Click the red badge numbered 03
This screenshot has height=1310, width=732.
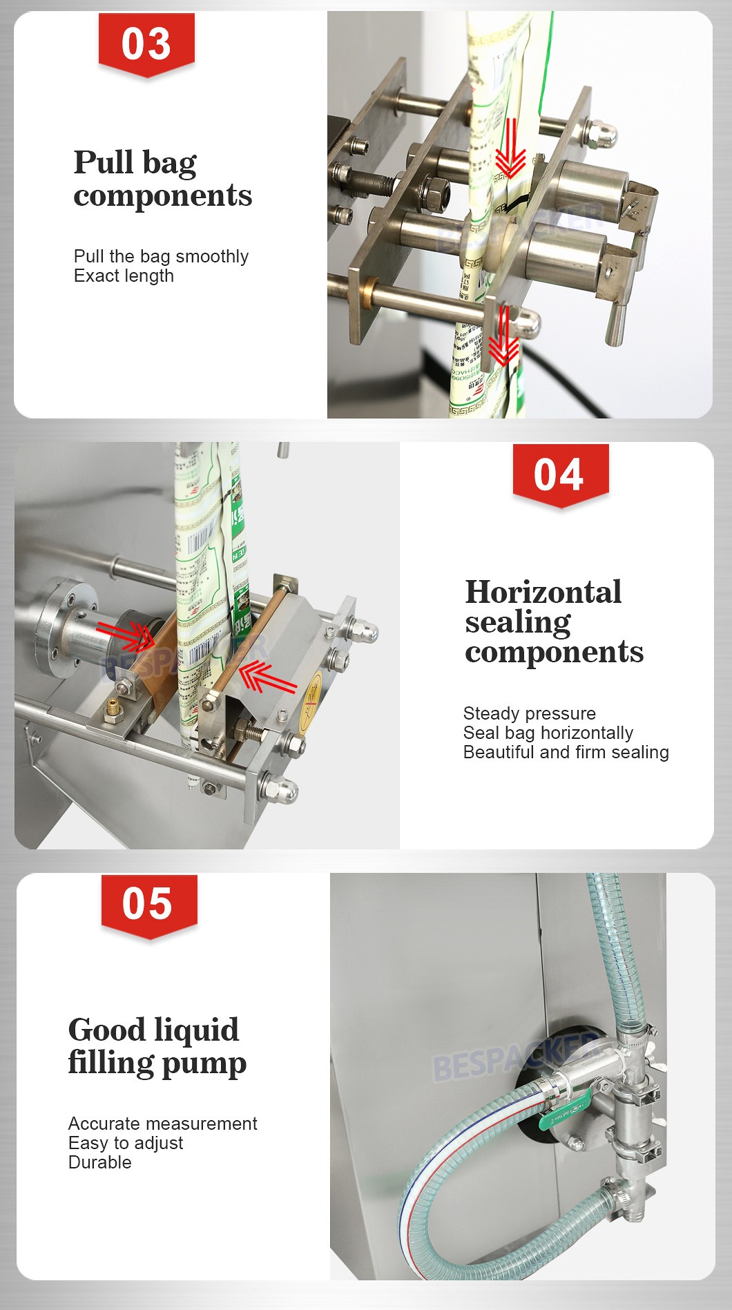point(146,44)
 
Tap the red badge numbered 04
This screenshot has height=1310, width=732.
point(559,474)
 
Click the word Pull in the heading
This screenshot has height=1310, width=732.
point(104,162)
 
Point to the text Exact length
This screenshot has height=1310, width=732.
point(124,276)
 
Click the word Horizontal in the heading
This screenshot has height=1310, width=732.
point(543,592)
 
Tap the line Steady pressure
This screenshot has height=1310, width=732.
point(529,713)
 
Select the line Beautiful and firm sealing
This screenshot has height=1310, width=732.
point(566,752)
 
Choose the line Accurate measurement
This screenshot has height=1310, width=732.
point(162,1124)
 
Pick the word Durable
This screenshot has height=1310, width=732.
point(99,1162)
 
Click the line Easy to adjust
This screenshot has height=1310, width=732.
point(126,1143)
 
